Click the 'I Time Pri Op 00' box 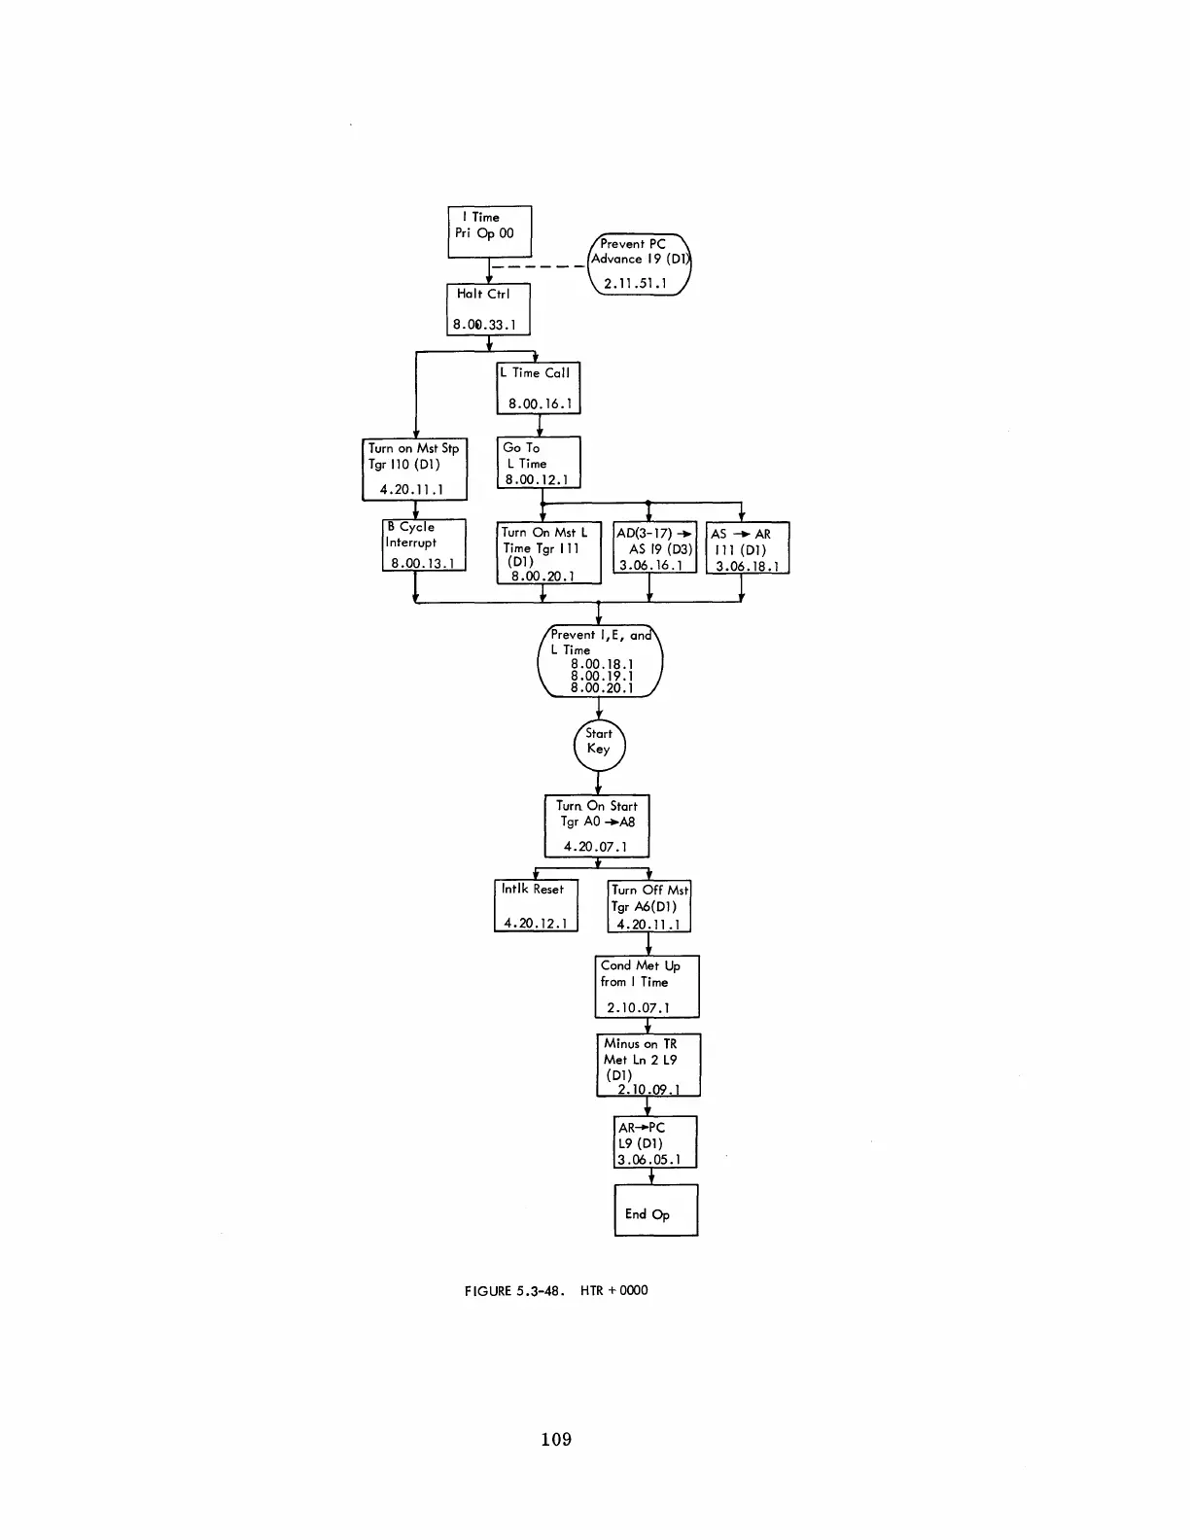point(489,231)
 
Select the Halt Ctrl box point(488,309)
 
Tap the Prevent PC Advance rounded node point(639,264)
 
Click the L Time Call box point(538,388)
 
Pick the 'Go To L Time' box point(539,463)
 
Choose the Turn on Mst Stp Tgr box point(415,470)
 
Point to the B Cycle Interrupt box point(424,545)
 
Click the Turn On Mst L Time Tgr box point(548,553)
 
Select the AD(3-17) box point(655,548)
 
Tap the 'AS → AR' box point(747,548)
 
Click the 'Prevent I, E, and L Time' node point(599,661)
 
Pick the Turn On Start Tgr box point(596,826)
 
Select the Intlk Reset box point(536,905)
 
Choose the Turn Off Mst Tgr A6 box point(648,906)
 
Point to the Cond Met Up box point(647,987)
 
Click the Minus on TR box point(647,1066)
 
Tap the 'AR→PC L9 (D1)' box point(655,1142)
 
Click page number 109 point(556,1440)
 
